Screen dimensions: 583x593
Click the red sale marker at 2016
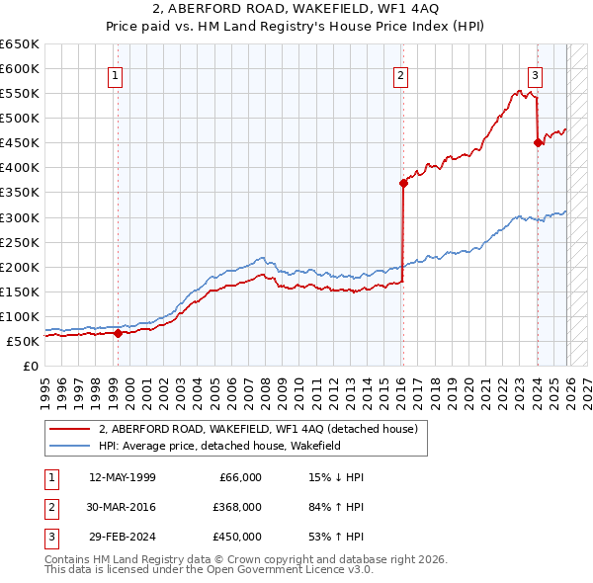pos(403,183)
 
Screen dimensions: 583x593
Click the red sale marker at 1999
pos(118,333)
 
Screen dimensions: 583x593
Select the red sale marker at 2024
pos(538,142)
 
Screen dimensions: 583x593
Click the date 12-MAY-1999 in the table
pos(122,477)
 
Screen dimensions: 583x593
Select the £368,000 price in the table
pos(237,507)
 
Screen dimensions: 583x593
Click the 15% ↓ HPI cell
pos(337,477)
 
